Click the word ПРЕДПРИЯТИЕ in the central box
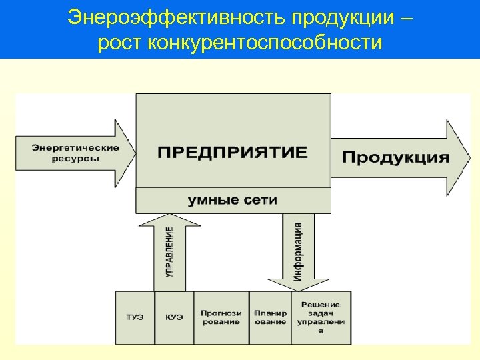point(233,153)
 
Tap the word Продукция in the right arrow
point(396,158)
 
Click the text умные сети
point(233,199)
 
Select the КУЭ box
point(174,317)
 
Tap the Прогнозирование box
point(220,317)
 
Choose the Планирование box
point(270,317)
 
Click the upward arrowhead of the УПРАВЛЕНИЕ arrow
point(171,220)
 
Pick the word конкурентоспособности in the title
point(267,43)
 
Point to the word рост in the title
point(119,43)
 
